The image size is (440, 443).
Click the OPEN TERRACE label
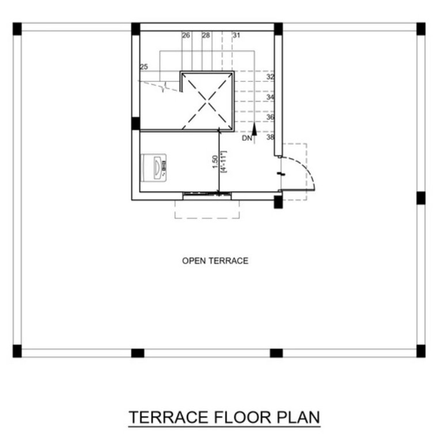pos(215,261)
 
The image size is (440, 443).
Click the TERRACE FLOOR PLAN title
pos(224,417)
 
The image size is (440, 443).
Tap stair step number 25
pos(143,67)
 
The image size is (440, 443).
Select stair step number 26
pos(186,35)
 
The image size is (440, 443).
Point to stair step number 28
pos(206,35)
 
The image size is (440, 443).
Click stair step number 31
pos(236,35)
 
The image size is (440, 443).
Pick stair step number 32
pos(270,77)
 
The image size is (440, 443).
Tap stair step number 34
pos(270,97)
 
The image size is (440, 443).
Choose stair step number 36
pos(270,117)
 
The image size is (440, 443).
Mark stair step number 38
pos(270,137)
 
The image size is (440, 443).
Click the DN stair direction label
pos(246,138)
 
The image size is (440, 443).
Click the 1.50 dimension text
pos(214,162)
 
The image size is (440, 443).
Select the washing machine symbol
pos(154,168)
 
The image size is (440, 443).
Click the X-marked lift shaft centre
pos(207,102)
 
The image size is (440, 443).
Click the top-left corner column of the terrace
pos(17,28)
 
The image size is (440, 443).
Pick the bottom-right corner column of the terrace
pos(420,351)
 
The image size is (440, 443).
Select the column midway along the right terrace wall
pos(420,198)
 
